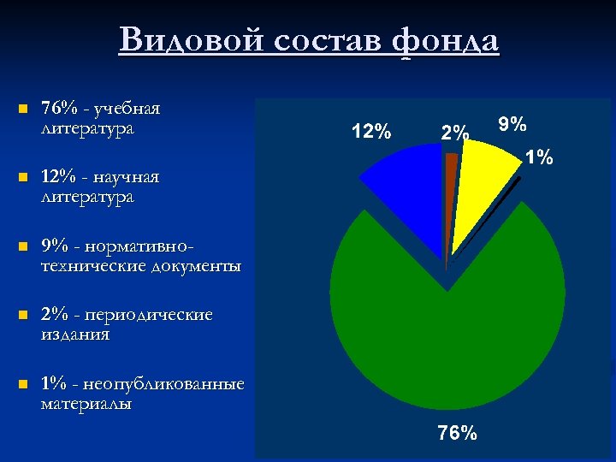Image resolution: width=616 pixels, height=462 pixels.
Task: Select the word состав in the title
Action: pyautogui.click(x=323, y=40)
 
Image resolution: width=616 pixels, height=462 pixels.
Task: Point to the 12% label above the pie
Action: pyautogui.click(x=371, y=132)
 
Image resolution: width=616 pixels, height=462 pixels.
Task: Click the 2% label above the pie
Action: pyautogui.click(x=454, y=133)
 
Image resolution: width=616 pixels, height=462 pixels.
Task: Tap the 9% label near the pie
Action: pyautogui.click(x=512, y=125)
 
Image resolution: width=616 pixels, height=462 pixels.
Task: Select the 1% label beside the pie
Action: pyautogui.click(x=539, y=157)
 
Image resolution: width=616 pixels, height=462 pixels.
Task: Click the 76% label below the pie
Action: pyautogui.click(x=457, y=434)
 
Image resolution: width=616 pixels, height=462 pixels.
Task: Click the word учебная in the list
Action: pyautogui.click(x=128, y=110)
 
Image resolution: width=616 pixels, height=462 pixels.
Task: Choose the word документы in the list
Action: pyautogui.click(x=195, y=266)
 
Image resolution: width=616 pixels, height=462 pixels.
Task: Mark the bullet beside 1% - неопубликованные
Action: pyautogui.click(x=23, y=384)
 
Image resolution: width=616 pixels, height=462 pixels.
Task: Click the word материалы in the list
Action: pyautogui.click(x=86, y=403)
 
